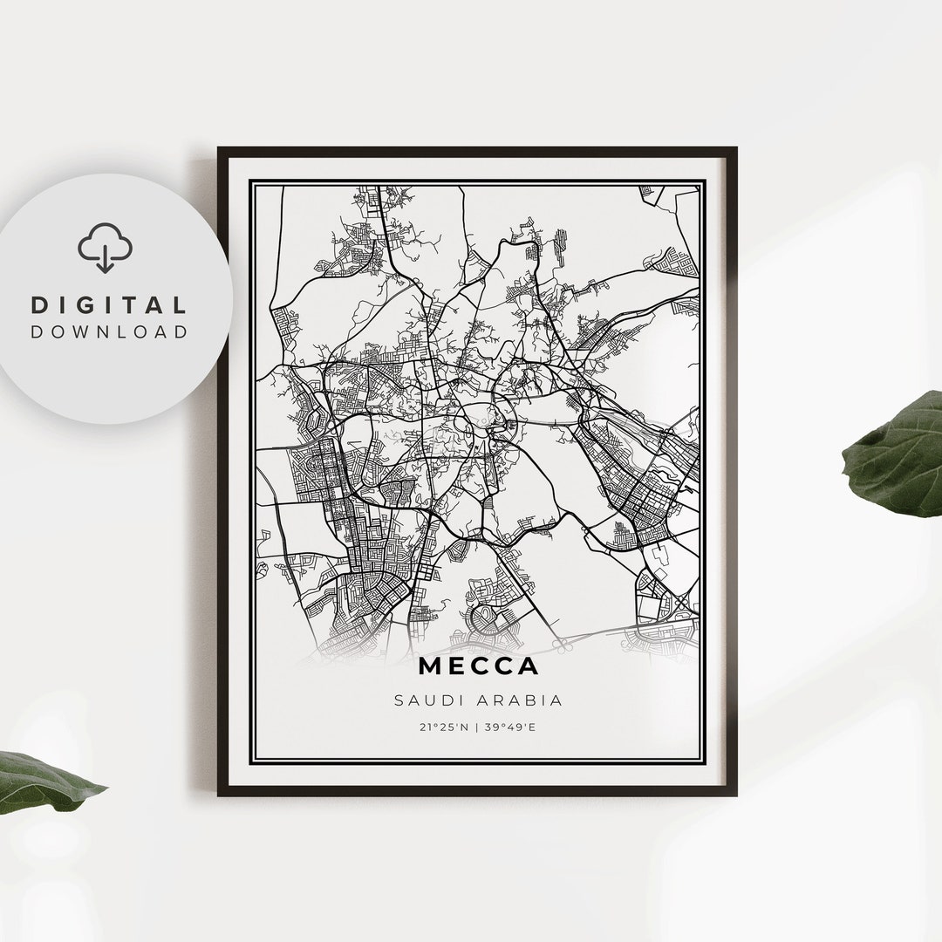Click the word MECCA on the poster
(478, 666)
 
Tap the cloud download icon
(105, 248)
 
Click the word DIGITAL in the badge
(109, 305)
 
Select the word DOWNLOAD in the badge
(109, 331)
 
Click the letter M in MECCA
(431, 666)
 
